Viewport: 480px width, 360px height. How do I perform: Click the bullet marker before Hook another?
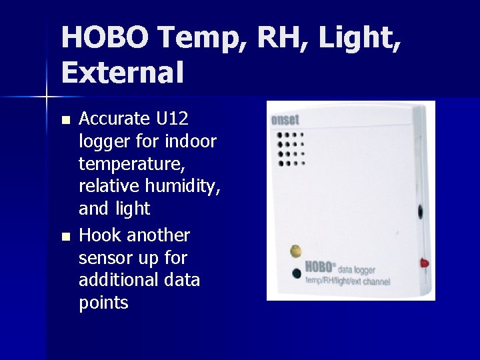[x=64, y=237]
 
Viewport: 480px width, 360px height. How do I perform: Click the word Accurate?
[x=115, y=119]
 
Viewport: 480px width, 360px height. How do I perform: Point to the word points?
[x=103, y=303]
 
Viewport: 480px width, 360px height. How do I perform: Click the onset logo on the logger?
[x=285, y=121]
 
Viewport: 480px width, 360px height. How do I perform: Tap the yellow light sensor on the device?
[x=295, y=251]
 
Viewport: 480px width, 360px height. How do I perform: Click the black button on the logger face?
[x=296, y=273]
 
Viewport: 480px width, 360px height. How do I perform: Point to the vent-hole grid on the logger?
[x=290, y=148]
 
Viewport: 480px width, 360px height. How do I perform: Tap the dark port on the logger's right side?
[x=421, y=212]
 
